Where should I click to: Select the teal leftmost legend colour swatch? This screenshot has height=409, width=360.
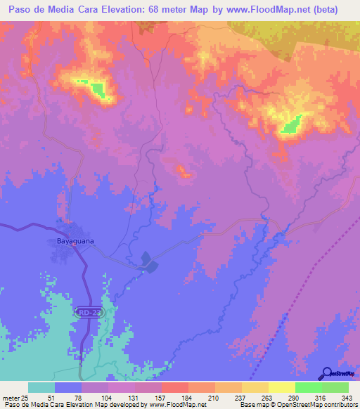41,388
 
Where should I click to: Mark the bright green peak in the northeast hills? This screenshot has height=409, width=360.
290,125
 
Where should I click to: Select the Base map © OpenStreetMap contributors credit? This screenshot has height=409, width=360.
296,405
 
